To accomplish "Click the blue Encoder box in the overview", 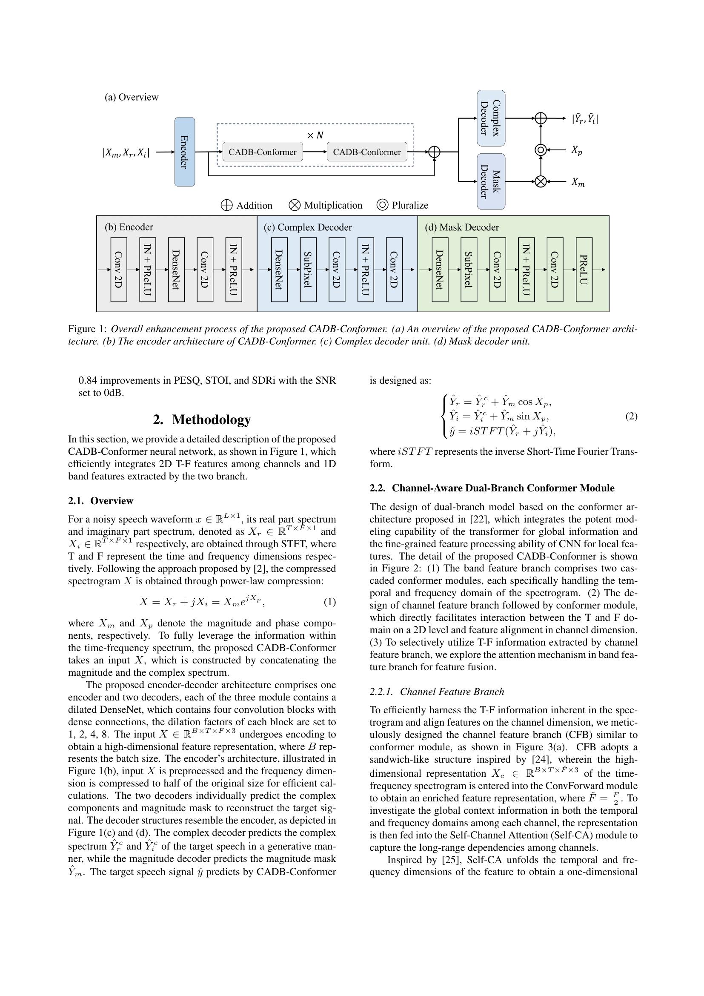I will click(184, 152).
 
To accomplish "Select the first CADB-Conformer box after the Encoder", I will click(262, 152).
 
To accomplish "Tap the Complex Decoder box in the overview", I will click(491, 118).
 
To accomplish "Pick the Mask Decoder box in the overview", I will click(491, 181).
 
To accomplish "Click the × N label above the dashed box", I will click(315, 135).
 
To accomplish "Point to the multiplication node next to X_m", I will click(540, 181).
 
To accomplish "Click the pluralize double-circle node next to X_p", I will click(540, 150).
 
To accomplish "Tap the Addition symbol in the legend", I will click(227, 205).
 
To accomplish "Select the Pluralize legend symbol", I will click(382, 205).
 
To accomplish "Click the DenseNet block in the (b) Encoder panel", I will click(176, 270).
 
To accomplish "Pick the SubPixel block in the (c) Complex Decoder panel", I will click(308, 270).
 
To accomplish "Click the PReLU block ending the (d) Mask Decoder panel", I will click(584, 270).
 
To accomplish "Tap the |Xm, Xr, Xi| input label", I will click(126, 152).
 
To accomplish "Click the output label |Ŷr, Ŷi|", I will click(585, 118).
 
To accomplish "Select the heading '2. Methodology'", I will click(202, 419).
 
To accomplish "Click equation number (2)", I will click(631, 416).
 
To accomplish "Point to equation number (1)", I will click(329, 602).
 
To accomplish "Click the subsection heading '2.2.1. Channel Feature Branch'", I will click(437, 692).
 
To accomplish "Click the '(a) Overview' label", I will click(132, 97).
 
